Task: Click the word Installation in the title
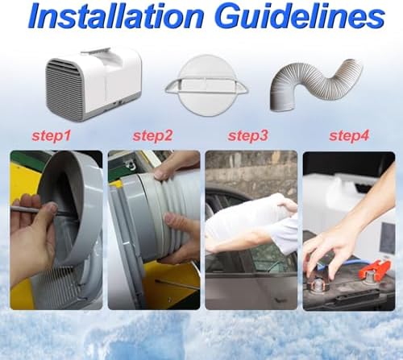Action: (x=116, y=16)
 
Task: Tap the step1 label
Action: (x=52, y=136)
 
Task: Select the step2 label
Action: (x=152, y=136)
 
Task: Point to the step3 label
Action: (x=248, y=136)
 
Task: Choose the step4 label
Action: (x=349, y=136)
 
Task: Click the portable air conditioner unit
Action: (x=93, y=84)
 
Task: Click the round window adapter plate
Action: (x=207, y=85)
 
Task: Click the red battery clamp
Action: (x=374, y=268)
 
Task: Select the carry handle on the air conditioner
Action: (x=96, y=51)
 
